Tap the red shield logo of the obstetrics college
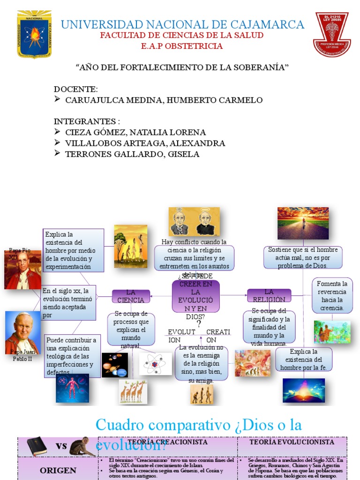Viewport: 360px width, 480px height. coord(331,35)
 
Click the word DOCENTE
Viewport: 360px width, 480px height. coord(75,89)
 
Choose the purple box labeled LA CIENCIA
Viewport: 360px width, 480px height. coord(131,296)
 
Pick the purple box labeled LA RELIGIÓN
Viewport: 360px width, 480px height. coord(269,295)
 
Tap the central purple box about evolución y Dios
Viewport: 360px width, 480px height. coord(195,296)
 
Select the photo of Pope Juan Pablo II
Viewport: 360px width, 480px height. coord(22,332)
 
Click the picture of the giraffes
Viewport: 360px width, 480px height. coord(133,392)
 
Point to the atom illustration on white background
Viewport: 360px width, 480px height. coord(155,363)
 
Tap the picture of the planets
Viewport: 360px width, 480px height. coord(114,365)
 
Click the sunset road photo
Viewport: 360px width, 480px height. coord(303,223)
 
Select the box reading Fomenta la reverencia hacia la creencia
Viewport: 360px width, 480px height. coord(332,295)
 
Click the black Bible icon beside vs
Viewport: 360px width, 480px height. coord(37,446)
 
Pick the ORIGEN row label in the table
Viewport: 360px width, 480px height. coord(58,470)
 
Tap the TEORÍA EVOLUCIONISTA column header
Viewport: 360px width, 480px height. coord(292,442)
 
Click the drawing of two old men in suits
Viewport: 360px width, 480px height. coord(194,222)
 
